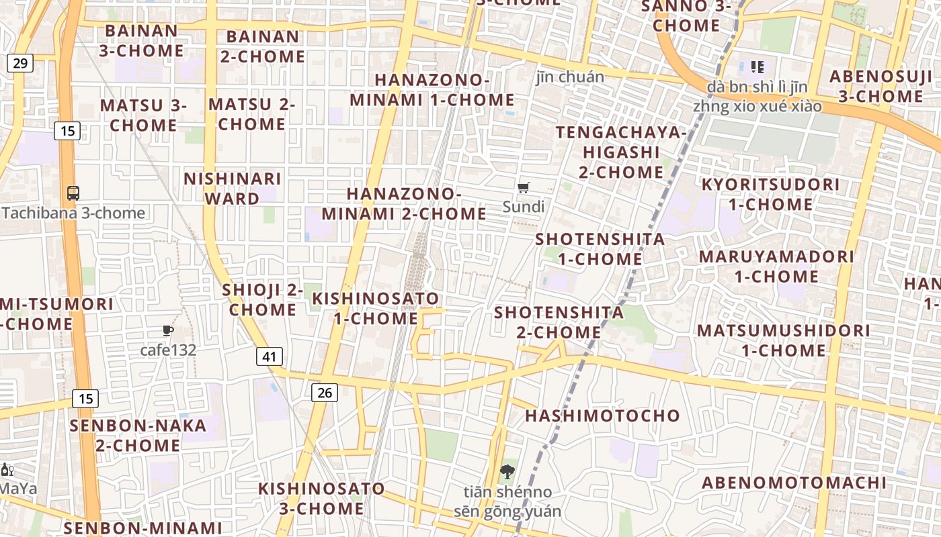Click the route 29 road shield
[20, 64]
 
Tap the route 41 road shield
[269, 356]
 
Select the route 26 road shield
[324, 393]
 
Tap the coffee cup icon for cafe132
[168, 330]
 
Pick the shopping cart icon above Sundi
[524, 188]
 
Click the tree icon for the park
[507, 472]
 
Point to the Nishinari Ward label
[233, 189]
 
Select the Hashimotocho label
[602, 416]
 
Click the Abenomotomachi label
[794, 483]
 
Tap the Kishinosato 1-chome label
[376, 308]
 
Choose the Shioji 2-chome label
[262, 300]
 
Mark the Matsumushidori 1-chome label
[783, 340]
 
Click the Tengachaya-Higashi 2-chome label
[621, 152]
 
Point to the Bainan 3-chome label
[141, 40]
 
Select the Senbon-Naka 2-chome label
[138, 435]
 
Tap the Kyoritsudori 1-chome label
[770, 194]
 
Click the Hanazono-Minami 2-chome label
[403, 204]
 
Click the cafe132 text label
[168, 350]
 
